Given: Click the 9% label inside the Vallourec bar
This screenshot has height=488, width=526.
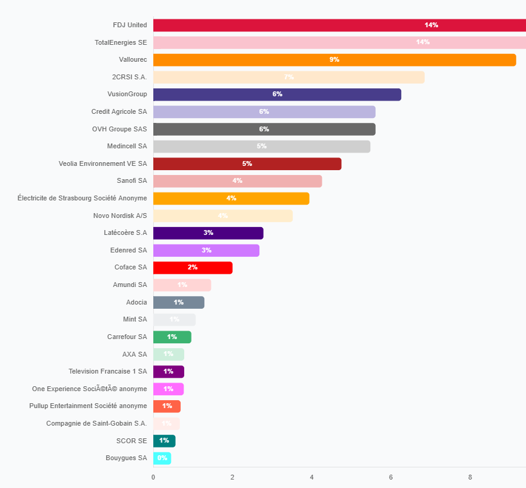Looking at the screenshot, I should click(x=335, y=59).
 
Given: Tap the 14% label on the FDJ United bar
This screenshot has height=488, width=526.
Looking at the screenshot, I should click(x=431, y=25).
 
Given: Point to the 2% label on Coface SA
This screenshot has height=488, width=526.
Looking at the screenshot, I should click(x=193, y=267).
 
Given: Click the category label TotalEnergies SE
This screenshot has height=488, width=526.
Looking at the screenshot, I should click(x=121, y=42).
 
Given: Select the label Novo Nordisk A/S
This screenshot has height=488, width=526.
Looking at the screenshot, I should click(x=120, y=216).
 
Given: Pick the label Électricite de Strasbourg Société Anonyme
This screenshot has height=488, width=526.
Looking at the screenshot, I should click(x=82, y=198).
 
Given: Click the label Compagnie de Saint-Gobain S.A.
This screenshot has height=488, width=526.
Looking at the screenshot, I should click(x=96, y=423).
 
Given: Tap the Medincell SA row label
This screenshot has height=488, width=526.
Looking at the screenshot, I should click(x=127, y=146).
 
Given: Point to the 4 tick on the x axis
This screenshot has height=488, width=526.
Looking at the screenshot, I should click(x=311, y=477).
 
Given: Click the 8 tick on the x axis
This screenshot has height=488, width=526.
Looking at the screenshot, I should click(x=470, y=477).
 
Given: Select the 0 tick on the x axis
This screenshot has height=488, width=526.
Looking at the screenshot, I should click(x=153, y=477).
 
